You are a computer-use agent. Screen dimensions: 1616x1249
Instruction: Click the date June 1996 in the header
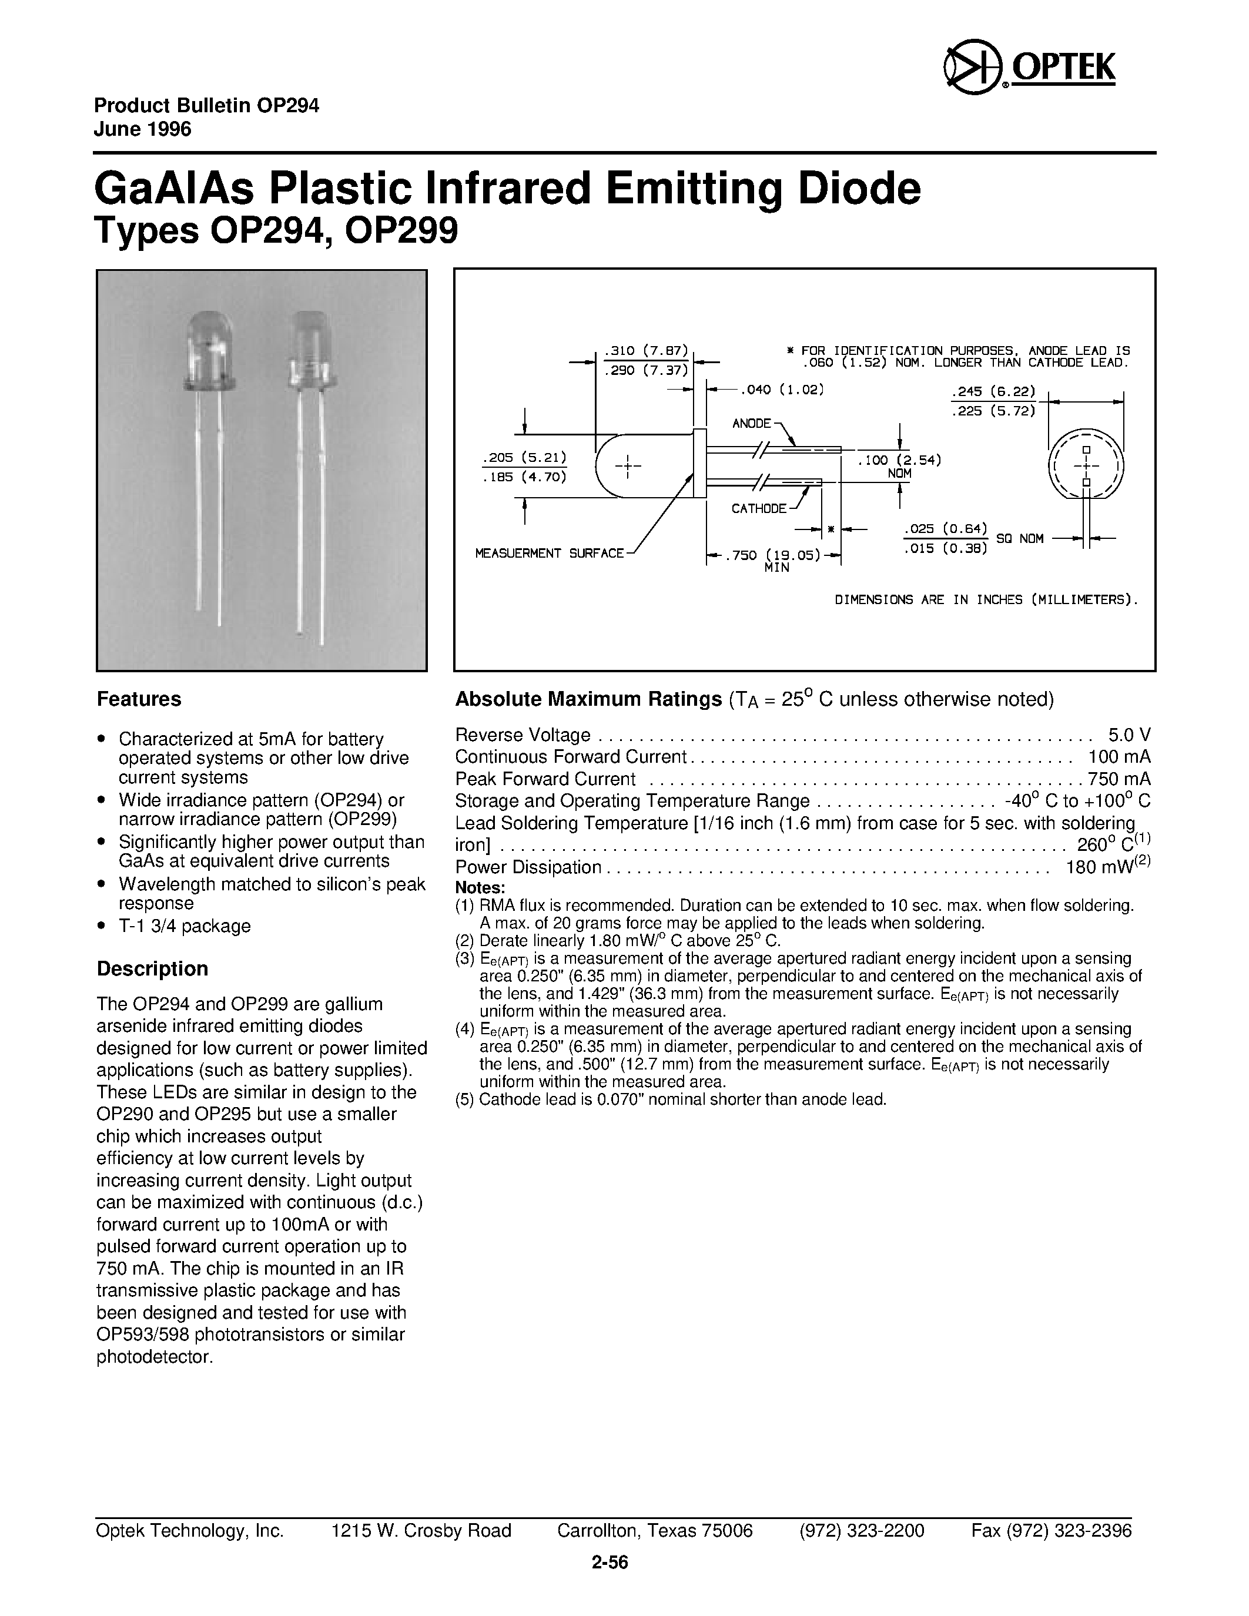tap(142, 129)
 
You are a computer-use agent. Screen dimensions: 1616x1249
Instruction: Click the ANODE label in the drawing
tap(751, 423)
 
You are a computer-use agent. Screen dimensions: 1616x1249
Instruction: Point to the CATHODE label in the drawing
tap(758, 509)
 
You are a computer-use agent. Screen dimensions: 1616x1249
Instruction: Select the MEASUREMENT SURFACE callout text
tap(549, 554)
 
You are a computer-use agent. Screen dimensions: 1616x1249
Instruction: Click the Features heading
tap(139, 699)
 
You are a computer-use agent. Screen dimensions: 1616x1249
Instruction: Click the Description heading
tap(152, 968)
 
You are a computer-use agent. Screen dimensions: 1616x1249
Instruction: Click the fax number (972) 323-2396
tap(1051, 1531)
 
